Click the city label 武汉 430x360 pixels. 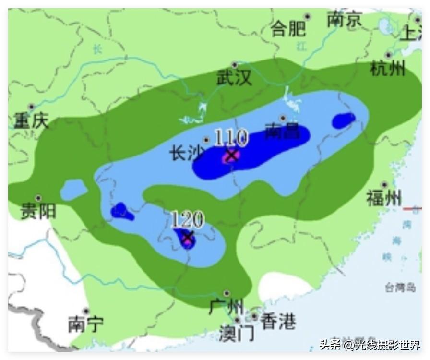235,78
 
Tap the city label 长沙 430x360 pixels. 187,154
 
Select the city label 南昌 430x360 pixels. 283,131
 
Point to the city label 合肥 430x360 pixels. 289,29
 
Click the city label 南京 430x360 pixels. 345,20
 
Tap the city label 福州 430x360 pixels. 384,198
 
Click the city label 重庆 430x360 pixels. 31,120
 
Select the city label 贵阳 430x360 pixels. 38,211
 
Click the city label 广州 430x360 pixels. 226,306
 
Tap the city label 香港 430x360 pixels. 278,322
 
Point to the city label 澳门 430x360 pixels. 237,334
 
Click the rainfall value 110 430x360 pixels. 230,138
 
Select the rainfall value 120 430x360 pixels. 188,220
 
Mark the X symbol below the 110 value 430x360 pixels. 232,156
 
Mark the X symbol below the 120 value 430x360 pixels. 188,237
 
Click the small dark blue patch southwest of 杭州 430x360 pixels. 344,120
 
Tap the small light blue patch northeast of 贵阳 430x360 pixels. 73,190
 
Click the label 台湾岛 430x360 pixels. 400,288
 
